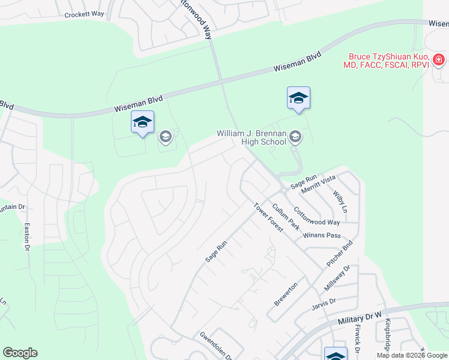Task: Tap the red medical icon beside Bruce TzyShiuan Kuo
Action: (x=439, y=59)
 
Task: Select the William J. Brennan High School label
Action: (x=252, y=137)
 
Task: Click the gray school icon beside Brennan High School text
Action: (x=295, y=137)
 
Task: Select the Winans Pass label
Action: (x=322, y=235)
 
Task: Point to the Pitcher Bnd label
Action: (x=339, y=254)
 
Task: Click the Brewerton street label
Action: (x=286, y=294)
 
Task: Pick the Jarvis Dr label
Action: (x=324, y=304)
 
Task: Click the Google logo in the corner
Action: (x=20, y=353)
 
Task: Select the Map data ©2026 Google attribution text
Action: (x=411, y=355)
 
